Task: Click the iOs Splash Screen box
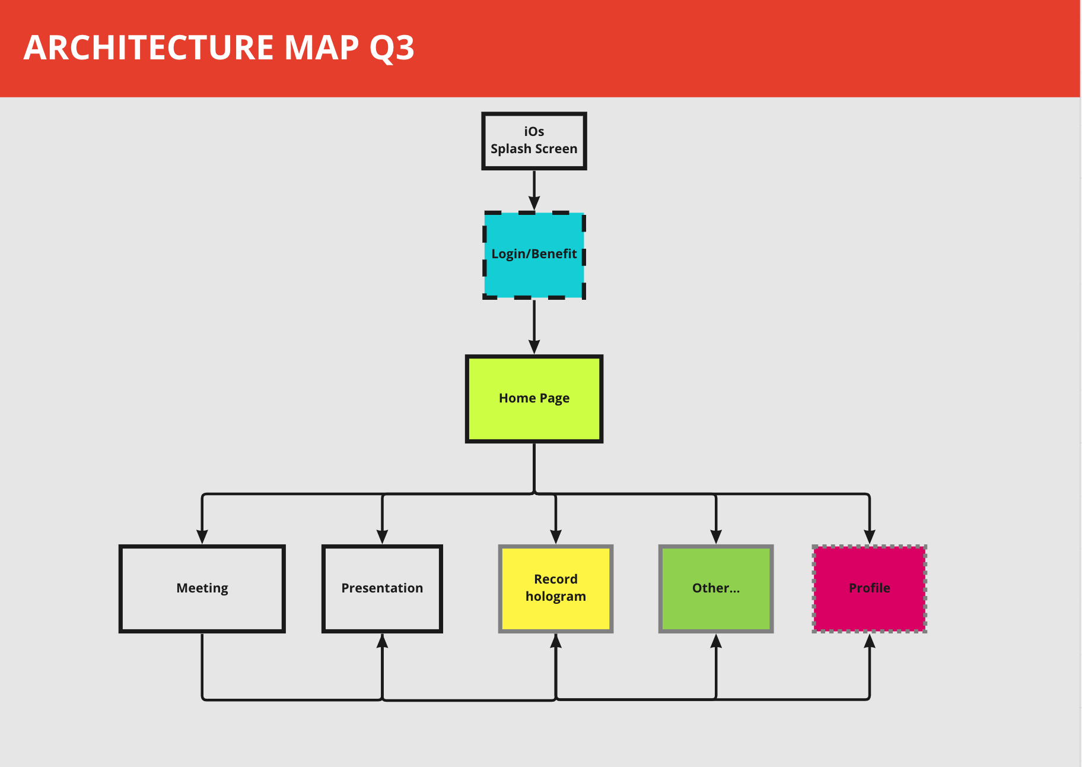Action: click(534, 141)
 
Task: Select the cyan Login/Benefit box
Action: click(534, 255)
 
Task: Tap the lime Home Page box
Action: click(534, 399)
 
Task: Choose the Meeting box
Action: click(202, 589)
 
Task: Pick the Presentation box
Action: click(382, 589)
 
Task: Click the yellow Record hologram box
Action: click(556, 589)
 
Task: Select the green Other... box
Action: click(716, 589)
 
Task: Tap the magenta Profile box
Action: click(870, 589)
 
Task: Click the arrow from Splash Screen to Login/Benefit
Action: click(534, 191)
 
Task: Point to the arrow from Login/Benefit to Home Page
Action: click(534, 327)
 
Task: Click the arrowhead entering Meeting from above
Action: click(202, 537)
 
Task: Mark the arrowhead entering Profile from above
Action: click(870, 537)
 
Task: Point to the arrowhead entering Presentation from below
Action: click(383, 641)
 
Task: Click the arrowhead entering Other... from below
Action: click(716, 641)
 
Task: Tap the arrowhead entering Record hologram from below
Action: click(556, 641)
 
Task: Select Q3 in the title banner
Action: click(392, 49)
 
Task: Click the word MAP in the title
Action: click(322, 47)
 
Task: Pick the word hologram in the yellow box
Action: click(556, 597)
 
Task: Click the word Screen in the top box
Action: click(556, 148)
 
